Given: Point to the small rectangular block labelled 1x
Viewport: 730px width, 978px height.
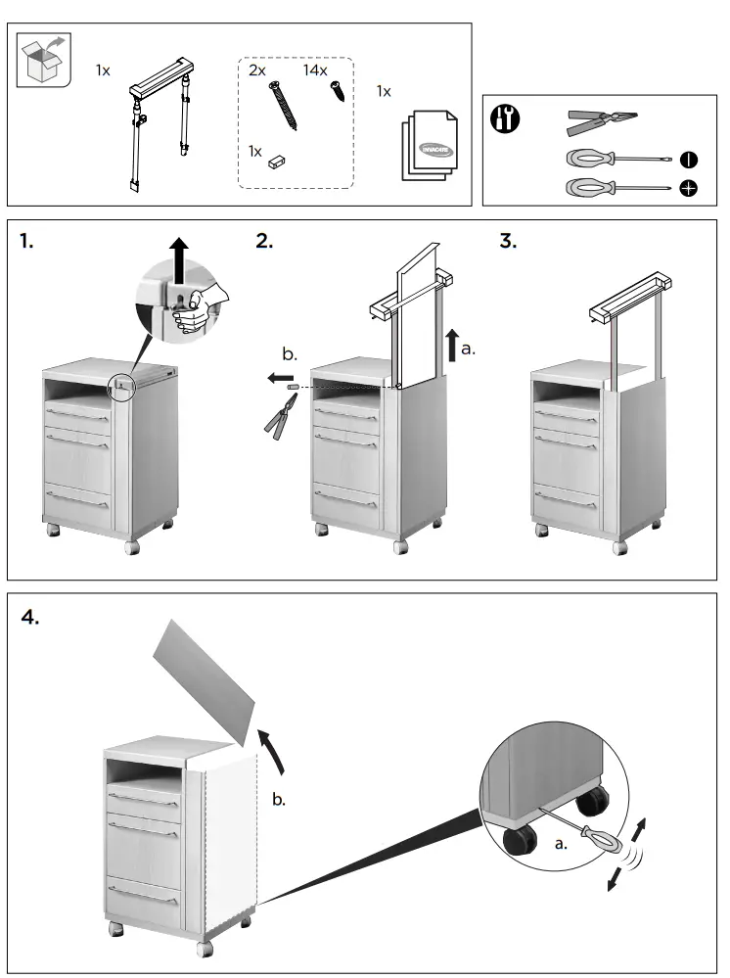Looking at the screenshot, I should (x=277, y=162).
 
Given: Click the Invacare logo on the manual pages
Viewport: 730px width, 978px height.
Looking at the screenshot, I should (x=432, y=148).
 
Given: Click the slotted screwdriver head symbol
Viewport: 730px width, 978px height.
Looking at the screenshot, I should (x=688, y=159).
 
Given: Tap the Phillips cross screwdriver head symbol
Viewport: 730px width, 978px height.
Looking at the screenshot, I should (x=688, y=188).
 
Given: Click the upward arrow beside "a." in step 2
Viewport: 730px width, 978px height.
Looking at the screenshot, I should (x=452, y=346).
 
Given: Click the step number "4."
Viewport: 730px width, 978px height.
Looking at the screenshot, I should (x=30, y=618).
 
